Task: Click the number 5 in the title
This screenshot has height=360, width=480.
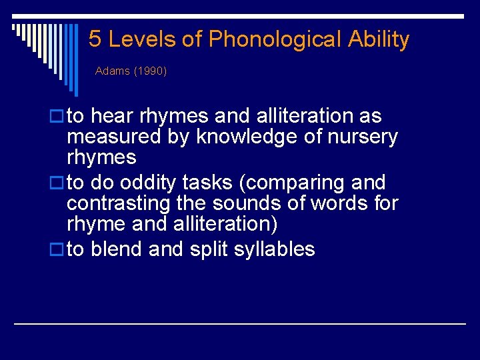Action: (95, 39)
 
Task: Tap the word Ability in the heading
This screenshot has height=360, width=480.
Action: (378, 39)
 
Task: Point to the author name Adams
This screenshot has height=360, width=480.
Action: (112, 71)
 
